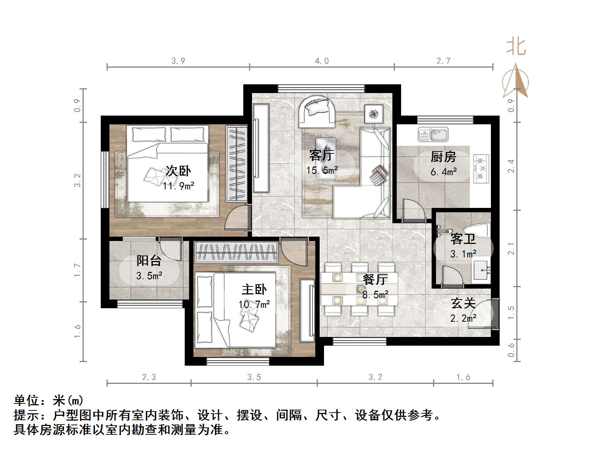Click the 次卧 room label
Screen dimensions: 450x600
(x=178, y=171)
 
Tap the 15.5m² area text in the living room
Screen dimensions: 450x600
(x=322, y=170)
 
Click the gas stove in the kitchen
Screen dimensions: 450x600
(x=481, y=168)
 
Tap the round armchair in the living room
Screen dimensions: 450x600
(x=317, y=111)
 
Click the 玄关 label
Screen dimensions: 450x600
(x=463, y=303)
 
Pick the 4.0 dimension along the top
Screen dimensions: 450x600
(x=321, y=61)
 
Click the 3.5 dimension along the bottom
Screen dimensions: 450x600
(x=254, y=377)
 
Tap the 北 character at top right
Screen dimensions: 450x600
(x=516, y=47)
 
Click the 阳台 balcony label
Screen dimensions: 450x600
(x=149, y=261)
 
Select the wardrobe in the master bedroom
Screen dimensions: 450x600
(x=236, y=252)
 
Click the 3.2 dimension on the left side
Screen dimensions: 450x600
(x=77, y=180)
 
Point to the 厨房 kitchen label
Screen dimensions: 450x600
(x=443, y=157)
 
